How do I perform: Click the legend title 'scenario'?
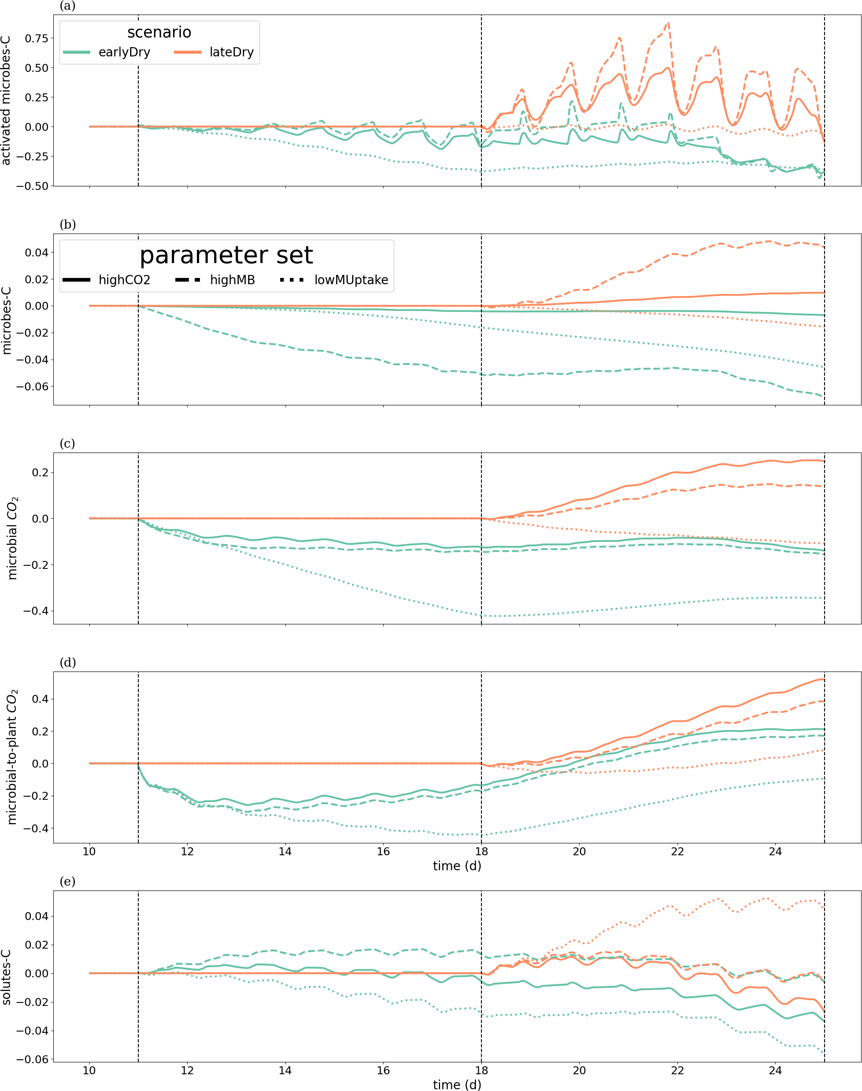click(159, 32)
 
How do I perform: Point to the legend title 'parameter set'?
click(226, 256)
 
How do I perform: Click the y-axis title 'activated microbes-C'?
click(6, 100)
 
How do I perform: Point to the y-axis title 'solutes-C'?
click(6, 977)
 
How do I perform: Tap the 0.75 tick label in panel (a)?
click(37, 38)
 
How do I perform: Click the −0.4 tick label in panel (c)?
click(36, 611)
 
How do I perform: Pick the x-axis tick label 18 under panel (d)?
click(481, 852)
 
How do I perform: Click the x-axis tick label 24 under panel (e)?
click(775, 1070)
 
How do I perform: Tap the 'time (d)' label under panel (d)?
click(457, 866)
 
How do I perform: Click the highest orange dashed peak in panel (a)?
click(668, 23)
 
